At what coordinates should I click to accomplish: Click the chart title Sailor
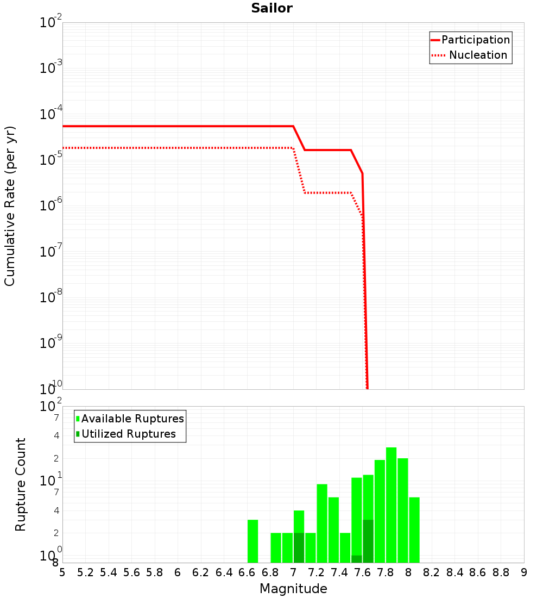pos(271,8)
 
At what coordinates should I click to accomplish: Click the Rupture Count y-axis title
pos(21,484)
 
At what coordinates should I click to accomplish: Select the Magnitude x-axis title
pos(293,589)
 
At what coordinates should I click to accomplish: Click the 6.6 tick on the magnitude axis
pos(247,572)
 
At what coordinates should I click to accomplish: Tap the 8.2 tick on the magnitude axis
pos(432,572)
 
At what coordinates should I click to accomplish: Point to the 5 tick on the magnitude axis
pos(62,572)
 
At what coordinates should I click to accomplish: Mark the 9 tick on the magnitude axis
pos(524,572)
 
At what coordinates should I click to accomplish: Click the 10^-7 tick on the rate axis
pos(51,252)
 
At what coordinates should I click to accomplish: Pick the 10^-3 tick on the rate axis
pos(51,68)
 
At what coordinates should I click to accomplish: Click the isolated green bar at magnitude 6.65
pos(252,541)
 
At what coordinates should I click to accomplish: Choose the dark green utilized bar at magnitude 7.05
pos(299,548)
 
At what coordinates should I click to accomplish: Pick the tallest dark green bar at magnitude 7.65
pos(368,541)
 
